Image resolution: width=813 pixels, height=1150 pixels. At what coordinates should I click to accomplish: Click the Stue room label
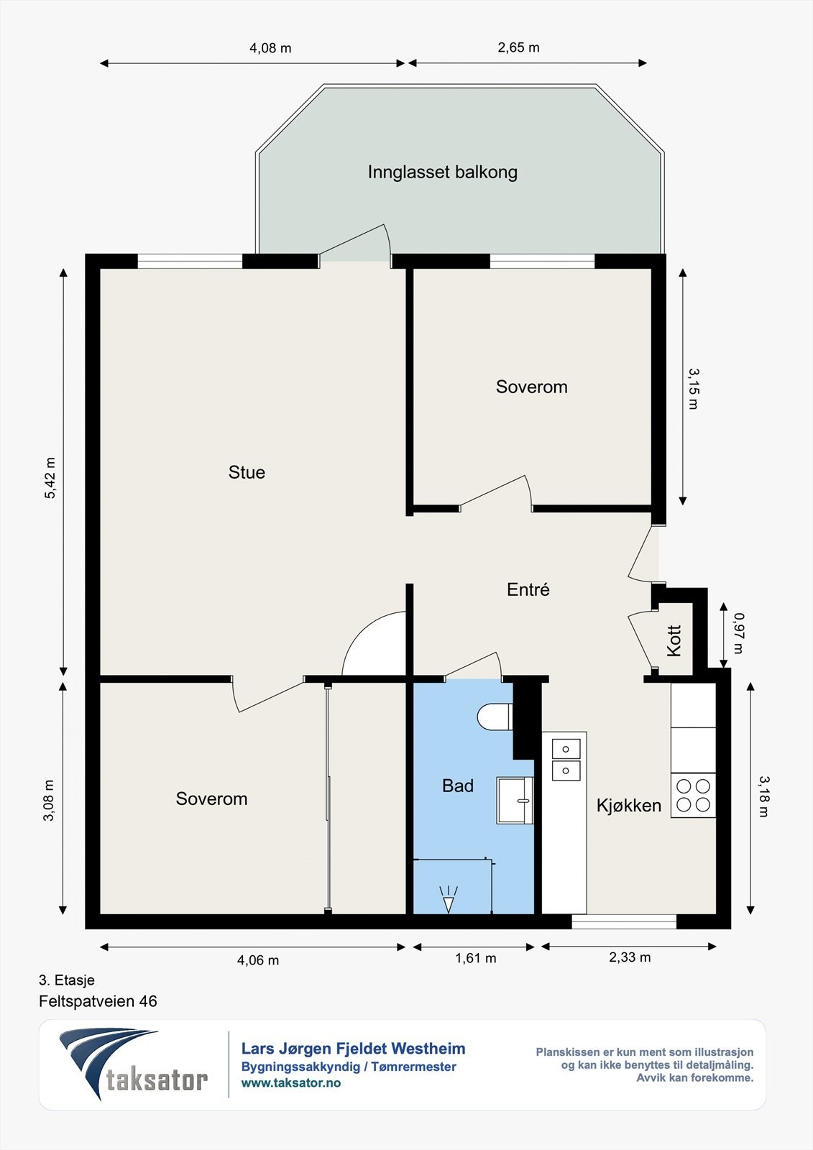pyautogui.click(x=247, y=472)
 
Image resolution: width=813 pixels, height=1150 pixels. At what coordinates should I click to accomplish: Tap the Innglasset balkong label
pyautogui.click(x=442, y=172)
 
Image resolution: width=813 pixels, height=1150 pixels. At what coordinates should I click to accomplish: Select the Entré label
pyautogui.click(x=528, y=589)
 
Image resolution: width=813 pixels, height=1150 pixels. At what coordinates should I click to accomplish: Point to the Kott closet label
pyautogui.click(x=674, y=640)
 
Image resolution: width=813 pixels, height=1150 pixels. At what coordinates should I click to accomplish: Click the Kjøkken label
pyautogui.click(x=629, y=805)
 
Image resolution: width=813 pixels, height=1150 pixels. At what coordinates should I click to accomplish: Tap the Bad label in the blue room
pyautogui.click(x=458, y=786)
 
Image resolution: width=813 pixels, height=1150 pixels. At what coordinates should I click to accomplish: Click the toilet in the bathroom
pyautogui.click(x=495, y=716)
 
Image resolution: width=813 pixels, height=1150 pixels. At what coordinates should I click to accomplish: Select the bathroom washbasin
pyautogui.click(x=515, y=801)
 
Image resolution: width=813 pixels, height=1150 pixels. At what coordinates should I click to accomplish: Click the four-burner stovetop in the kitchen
pyautogui.click(x=693, y=795)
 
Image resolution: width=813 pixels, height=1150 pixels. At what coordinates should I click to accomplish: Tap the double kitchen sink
pyautogui.click(x=566, y=760)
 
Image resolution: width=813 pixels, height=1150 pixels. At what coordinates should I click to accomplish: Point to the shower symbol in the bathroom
pyautogui.click(x=449, y=899)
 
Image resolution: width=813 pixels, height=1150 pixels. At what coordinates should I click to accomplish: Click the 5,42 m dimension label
pyautogui.click(x=50, y=478)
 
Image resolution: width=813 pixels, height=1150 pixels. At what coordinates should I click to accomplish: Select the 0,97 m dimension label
pyautogui.click(x=738, y=633)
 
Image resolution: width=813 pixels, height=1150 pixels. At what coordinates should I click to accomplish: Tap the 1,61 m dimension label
pyautogui.click(x=476, y=958)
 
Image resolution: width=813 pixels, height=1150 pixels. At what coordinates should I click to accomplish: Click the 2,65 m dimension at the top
pyautogui.click(x=519, y=47)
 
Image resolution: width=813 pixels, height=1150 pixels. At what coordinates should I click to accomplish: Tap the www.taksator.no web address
pyautogui.click(x=290, y=1082)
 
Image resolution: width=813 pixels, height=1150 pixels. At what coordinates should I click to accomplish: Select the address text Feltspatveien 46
pyautogui.click(x=98, y=1001)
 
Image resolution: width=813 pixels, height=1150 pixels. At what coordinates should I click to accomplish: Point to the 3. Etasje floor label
pyautogui.click(x=67, y=980)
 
